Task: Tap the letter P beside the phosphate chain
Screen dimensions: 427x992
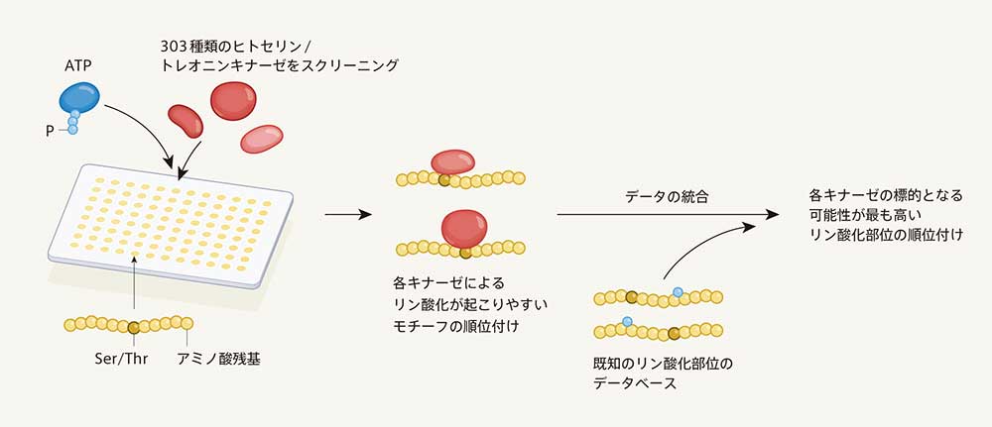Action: click(49, 128)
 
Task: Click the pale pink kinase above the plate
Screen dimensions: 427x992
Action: click(262, 139)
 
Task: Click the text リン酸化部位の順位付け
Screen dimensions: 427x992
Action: click(886, 235)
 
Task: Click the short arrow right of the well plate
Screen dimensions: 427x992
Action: click(346, 214)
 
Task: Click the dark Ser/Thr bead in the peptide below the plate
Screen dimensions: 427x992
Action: click(134, 326)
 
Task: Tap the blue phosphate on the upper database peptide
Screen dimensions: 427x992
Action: click(678, 292)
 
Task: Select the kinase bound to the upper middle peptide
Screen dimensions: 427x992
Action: click(453, 165)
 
